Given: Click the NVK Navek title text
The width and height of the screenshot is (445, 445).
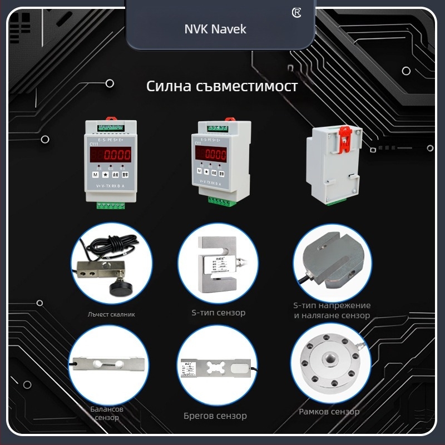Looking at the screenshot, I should click(215, 29).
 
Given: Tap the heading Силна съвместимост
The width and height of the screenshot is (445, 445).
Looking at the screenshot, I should click(221, 87).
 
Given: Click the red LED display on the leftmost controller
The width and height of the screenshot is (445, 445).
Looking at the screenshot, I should click(111, 155).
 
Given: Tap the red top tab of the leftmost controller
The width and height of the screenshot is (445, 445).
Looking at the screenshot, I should click(110, 118).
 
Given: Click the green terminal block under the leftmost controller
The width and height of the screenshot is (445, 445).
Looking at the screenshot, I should click(110, 205).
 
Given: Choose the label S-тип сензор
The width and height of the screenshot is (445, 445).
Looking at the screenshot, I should click(215, 313).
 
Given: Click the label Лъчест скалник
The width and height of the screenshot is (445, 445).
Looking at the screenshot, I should click(111, 314).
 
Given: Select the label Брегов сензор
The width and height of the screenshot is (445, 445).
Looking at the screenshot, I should click(215, 416).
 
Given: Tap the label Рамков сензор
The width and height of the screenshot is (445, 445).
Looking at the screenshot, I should click(329, 412).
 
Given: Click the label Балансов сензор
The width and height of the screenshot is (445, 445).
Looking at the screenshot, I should click(107, 413).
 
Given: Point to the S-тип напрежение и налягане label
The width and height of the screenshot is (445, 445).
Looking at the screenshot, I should click(332, 310).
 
